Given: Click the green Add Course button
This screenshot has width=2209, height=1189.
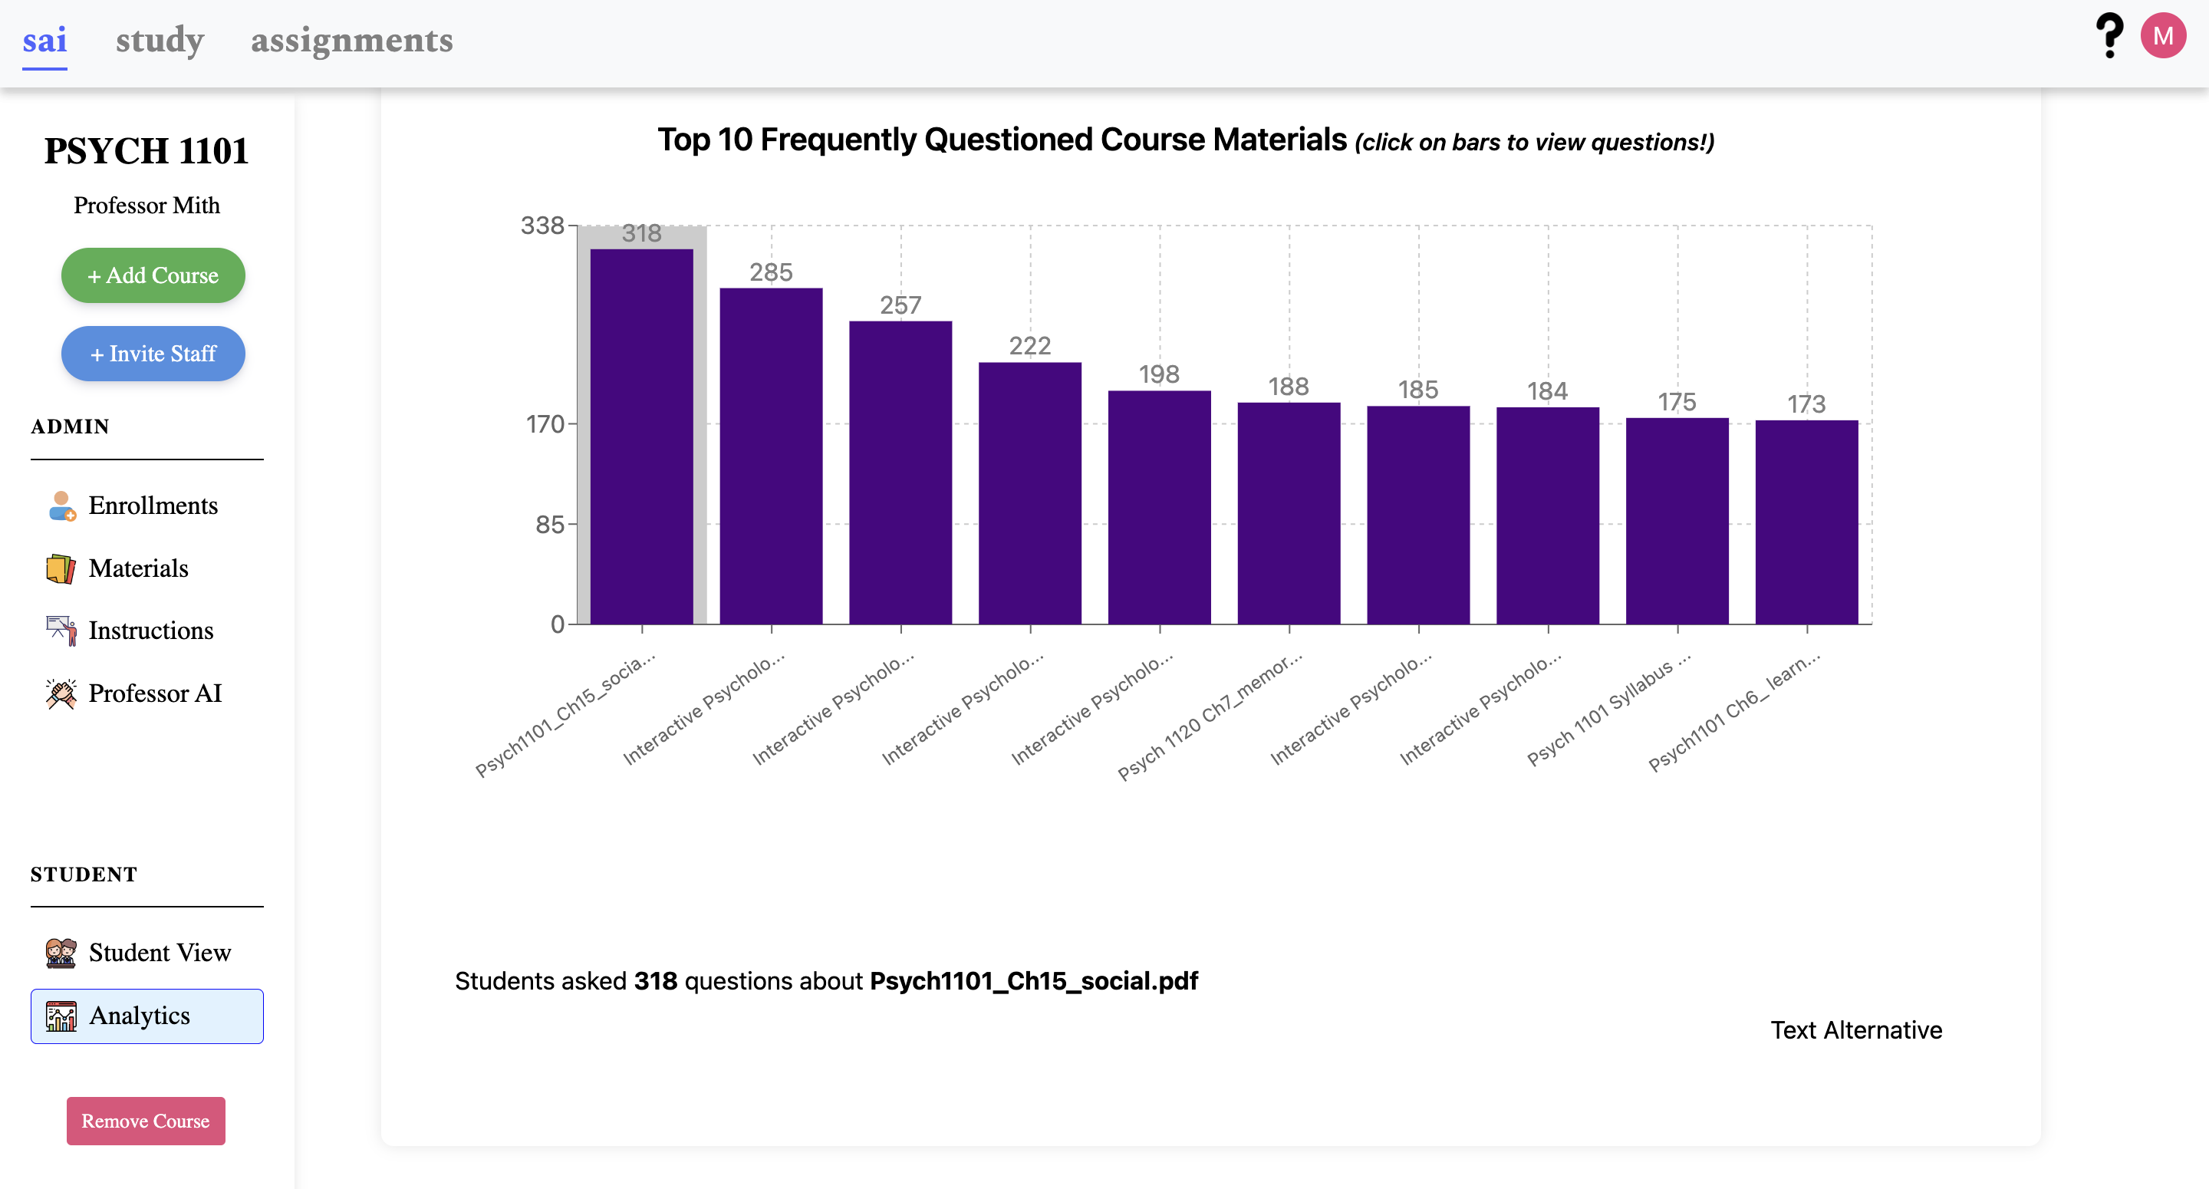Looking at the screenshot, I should (153, 275).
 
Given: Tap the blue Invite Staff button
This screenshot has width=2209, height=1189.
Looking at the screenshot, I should (153, 354).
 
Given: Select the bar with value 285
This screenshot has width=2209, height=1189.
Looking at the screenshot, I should (770, 456).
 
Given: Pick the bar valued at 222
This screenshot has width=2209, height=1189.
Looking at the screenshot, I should (1029, 492).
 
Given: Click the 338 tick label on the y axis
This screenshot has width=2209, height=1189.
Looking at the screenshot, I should (542, 226).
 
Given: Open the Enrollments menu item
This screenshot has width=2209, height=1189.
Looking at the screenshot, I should (153, 506).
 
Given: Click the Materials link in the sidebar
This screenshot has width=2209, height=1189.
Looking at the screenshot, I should (138, 568).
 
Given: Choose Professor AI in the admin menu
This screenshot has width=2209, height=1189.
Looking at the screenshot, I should (154, 693).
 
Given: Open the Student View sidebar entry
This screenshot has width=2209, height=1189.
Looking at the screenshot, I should (160, 952).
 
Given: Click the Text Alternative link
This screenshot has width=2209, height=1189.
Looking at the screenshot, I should (1855, 1029).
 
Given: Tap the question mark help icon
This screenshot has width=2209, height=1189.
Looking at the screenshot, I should (2109, 36).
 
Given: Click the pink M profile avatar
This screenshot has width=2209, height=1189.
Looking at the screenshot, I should (2162, 36).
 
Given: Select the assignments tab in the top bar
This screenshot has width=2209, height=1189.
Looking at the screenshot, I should (351, 41).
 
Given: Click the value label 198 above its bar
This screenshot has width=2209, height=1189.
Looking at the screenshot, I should (1158, 374).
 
